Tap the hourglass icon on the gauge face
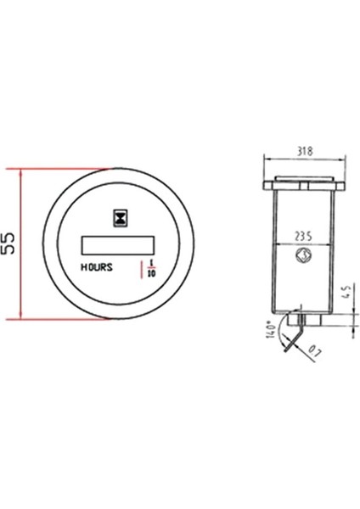(122, 218)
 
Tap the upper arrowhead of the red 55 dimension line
(25, 172)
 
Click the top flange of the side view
(303, 182)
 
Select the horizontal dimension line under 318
(303, 157)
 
